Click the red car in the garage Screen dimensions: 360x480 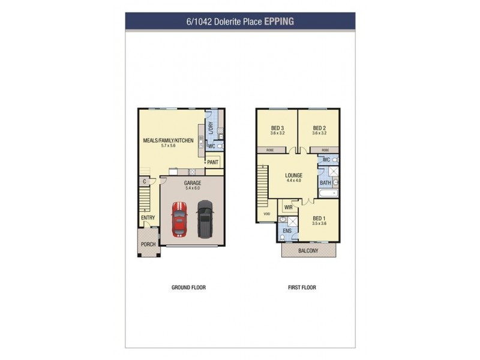(x=179, y=219)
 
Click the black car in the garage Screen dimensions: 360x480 (x=205, y=218)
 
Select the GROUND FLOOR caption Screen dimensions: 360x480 (x=188, y=287)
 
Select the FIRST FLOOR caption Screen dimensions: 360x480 (x=302, y=287)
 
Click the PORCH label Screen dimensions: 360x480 (x=148, y=244)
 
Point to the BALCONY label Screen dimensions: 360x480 (x=309, y=251)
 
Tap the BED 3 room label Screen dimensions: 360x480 (x=277, y=128)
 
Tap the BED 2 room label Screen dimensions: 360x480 (x=319, y=128)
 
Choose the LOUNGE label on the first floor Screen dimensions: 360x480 (x=293, y=176)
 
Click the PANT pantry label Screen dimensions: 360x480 (x=212, y=162)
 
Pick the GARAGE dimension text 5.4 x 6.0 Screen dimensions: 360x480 (x=192, y=188)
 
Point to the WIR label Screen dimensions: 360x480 (x=288, y=207)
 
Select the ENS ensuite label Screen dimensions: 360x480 (x=287, y=230)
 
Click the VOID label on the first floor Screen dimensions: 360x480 (x=266, y=213)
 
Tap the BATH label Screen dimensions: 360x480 (x=325, y=182)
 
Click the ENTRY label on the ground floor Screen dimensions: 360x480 (x=148, y=217)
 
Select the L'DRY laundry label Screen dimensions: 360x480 (x=211, y=128)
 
